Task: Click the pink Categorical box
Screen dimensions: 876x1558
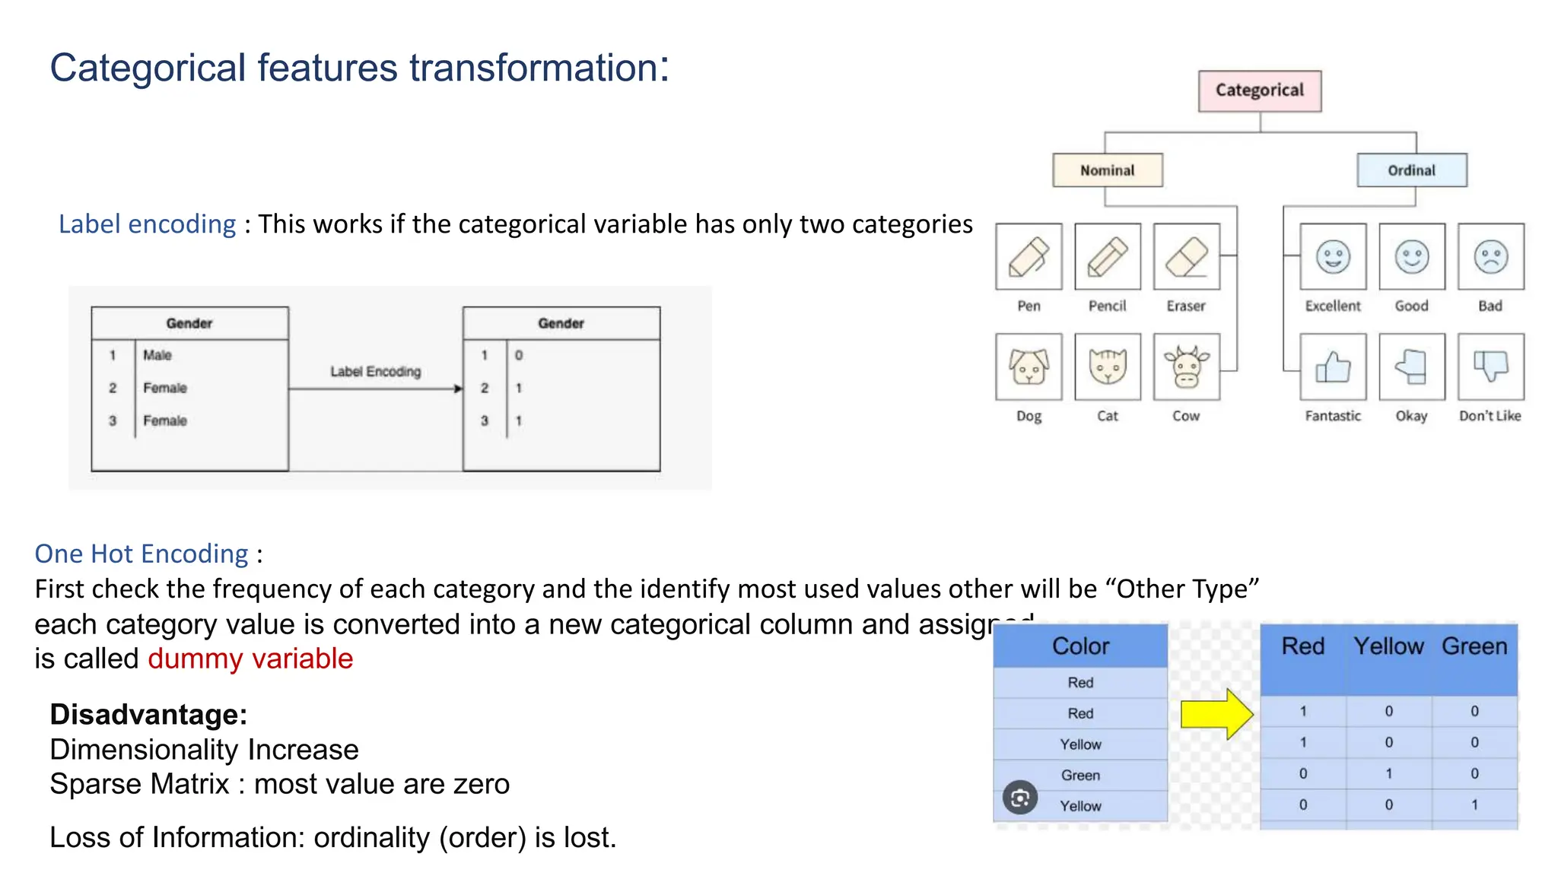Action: tap(1259, 90)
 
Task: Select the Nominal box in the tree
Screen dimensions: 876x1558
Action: tap(1107, 170)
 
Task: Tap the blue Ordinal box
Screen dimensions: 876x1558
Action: tap(1411, 170)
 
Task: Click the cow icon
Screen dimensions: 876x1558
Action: tap(1186, 367)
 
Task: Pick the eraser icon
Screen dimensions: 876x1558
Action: tap(1186, 257)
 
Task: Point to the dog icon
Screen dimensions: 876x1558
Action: tap(1029, 367)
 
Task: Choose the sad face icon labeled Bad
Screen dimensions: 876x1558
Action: tap(1490, 257)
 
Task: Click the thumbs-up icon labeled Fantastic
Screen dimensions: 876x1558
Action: tap(1333, 367)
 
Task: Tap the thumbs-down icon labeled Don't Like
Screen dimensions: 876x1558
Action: tap(1490, 367)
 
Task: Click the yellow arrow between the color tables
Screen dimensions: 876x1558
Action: tap(1216, 714)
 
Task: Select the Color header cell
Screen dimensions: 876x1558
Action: tap(1080, 646)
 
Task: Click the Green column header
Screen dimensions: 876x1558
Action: tap(1474, 646)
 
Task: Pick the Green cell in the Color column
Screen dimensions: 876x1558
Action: tap(1080, 775)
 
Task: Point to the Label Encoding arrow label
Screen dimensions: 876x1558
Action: tap(375, 372)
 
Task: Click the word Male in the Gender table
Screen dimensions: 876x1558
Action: tap(157, 355)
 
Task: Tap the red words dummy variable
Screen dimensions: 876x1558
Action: tap(250, 659)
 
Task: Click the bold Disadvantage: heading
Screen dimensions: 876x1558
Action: tap(148, 715)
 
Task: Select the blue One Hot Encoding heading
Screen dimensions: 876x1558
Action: tap(141, 554)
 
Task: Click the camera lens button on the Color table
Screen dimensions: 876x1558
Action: tap(1019, 798)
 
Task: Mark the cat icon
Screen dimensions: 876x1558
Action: tap(1108, 367)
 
